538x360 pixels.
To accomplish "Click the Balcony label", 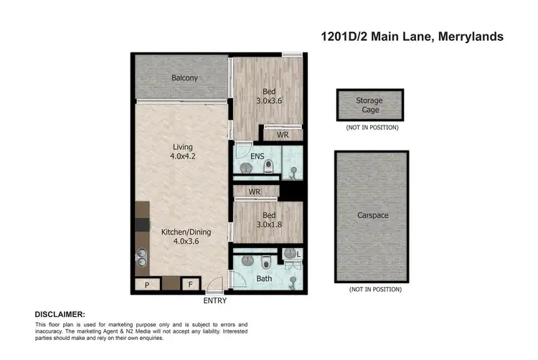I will click(184, 78).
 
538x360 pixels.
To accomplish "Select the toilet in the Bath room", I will click(265, 260).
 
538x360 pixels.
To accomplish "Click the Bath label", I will click(264, 278).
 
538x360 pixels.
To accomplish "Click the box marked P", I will click(147, 285).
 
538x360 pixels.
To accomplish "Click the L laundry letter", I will click(298, 254).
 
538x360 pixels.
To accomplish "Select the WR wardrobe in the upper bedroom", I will click(283, 133).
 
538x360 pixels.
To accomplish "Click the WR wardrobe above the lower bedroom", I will click(254, 192).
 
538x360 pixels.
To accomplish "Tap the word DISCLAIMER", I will click(60, 315).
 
